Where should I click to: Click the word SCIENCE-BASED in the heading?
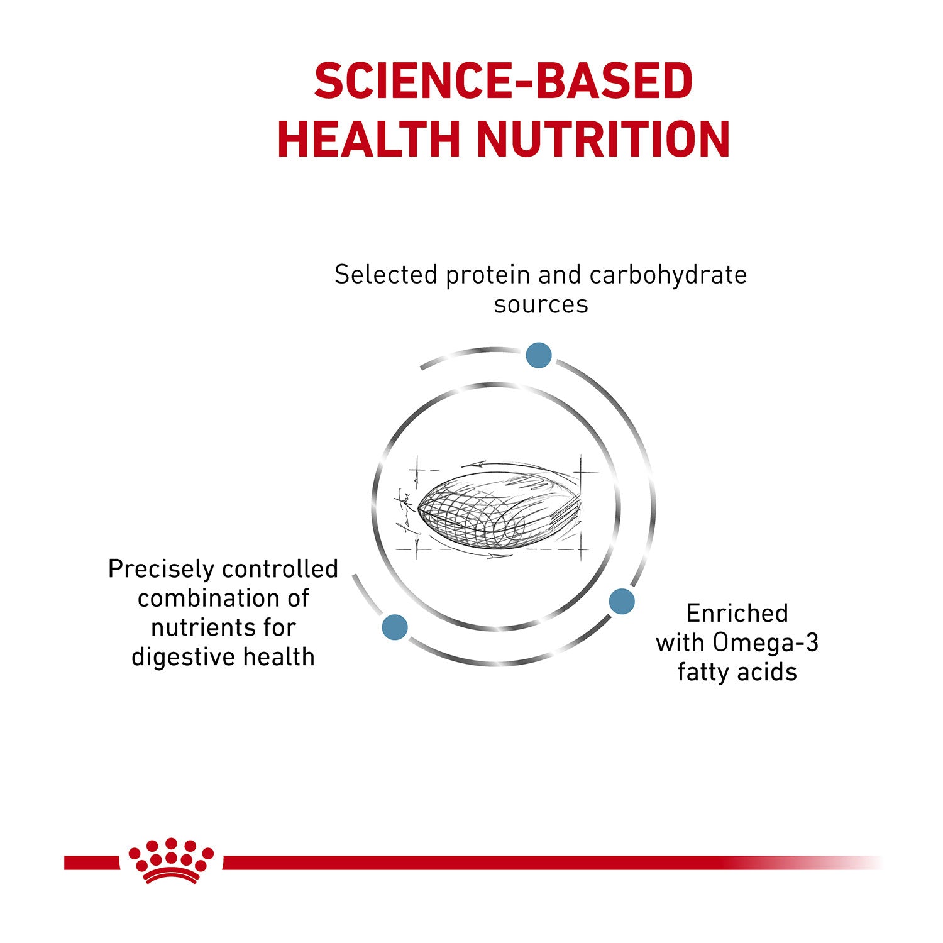(503, 80)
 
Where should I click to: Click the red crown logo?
(171, 861)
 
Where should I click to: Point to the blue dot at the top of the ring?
(539, 355)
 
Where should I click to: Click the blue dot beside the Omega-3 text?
(622, 601)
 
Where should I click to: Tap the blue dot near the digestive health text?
(395, 627)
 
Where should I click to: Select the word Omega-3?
(766, 642)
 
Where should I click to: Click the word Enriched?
(737, 613)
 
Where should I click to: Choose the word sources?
(541, 305)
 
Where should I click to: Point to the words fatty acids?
(737, 672)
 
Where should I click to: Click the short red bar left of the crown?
(92, 863)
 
